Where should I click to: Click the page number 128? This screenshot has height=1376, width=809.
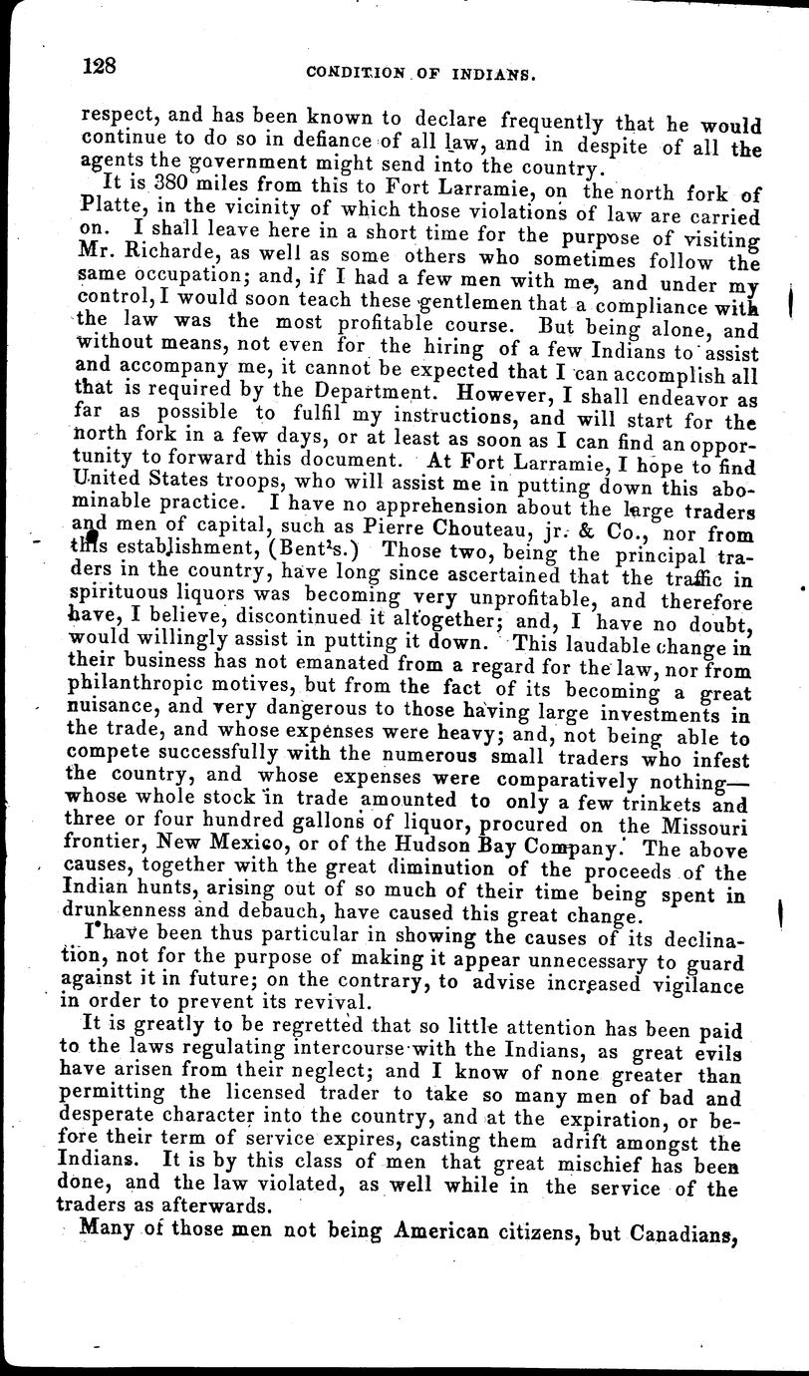pyautogui.click(x=101, y=67)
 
